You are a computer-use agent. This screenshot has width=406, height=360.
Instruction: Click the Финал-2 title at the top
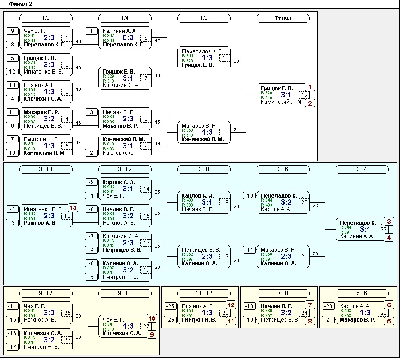click(20, 4)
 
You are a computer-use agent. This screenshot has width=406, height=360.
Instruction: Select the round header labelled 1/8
click(46, 18)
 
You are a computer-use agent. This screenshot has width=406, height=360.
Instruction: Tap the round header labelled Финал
click(283, 18)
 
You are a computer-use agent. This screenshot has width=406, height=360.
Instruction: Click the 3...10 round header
click(46, 169)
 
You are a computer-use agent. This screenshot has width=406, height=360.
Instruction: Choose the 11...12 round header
click(204, 293)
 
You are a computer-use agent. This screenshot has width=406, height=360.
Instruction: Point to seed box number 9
click(12, 31)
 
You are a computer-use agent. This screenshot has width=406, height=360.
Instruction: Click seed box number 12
click(12, 71)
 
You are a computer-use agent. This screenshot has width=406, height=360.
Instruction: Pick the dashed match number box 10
click(225, 58)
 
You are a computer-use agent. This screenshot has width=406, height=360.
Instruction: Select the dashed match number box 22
click(383, 229)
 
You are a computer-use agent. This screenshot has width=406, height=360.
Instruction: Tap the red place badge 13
click(73, 208)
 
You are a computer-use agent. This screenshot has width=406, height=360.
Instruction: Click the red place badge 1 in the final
click(310, 87)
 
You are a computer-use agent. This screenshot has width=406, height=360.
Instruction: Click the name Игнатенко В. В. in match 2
click(43, 71)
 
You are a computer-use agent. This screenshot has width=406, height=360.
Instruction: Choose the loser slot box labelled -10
click(249, 195)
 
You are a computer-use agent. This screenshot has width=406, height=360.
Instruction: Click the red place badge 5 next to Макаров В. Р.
click(389, 321)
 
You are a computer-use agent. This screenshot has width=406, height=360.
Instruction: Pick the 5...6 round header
click(362, 293)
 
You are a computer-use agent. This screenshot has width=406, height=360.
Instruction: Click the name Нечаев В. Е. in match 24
click(276, 306)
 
